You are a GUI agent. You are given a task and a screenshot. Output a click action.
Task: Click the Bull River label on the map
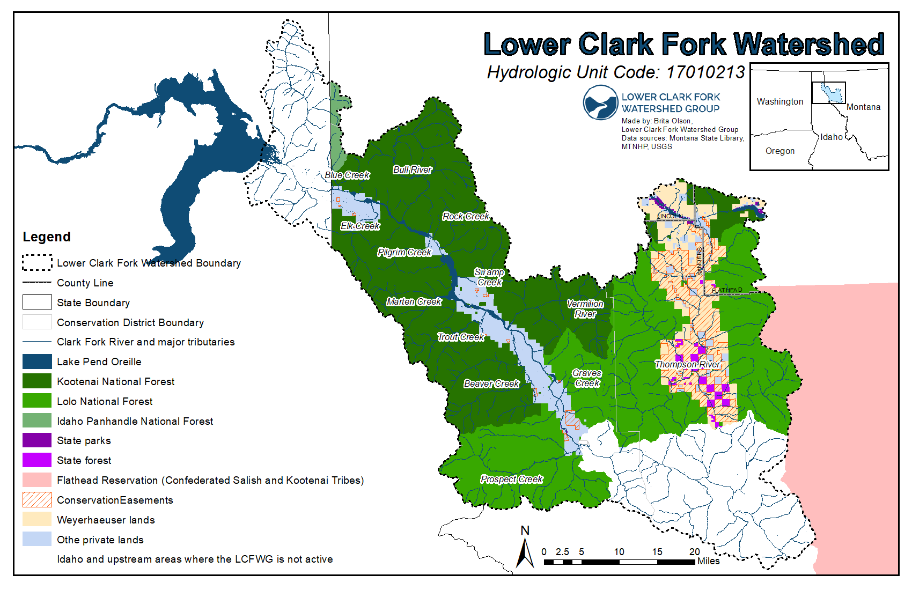[412, 169]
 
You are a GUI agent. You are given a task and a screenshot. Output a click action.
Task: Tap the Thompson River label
[687, 364]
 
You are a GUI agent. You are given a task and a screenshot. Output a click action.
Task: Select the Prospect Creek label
[511, 479]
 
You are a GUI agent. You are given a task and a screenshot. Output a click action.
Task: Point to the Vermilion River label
[585, 309]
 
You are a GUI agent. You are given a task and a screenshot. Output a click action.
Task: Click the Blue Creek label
[347, 175]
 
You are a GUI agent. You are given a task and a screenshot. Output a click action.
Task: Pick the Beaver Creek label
[491, 383]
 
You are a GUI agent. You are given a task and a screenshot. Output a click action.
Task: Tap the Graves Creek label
[587, 378]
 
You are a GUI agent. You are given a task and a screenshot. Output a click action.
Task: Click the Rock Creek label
[465, 216]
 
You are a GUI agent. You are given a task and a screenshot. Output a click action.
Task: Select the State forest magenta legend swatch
[37, 460]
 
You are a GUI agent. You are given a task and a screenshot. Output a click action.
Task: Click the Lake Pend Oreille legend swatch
[37, 362]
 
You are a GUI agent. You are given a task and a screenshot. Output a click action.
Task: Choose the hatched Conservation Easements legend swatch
[37, 500]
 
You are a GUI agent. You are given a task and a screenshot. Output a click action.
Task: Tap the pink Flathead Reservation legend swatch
[37, 480]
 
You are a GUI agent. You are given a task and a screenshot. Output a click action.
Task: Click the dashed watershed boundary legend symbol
[37, 263]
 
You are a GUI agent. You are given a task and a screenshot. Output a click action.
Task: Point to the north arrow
[525, 550]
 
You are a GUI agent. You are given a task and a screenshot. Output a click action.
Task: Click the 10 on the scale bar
[619, 551]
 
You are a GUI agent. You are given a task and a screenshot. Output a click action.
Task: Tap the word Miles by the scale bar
[708, 561]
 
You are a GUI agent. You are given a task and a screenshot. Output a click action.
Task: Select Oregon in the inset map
[779, 151]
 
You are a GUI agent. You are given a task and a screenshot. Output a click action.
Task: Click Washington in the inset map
[779, 101]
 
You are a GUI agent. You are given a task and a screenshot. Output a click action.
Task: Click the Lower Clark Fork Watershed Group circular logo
[600, 102]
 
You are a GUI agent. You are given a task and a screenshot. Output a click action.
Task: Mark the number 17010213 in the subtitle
[705, 72]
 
